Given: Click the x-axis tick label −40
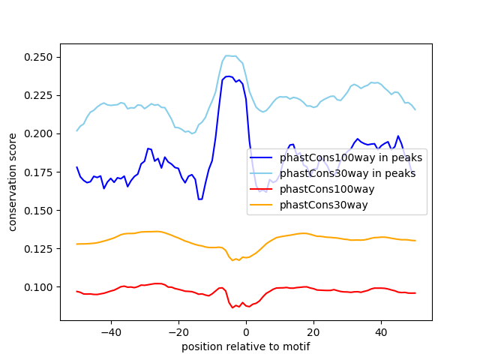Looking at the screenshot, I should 110,331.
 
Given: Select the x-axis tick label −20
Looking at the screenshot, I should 178,331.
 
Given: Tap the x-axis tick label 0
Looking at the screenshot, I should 246,331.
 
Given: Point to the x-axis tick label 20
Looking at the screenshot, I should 313,331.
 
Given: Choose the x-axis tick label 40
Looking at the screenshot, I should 381,331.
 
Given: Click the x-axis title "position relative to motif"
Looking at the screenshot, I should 245,346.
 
